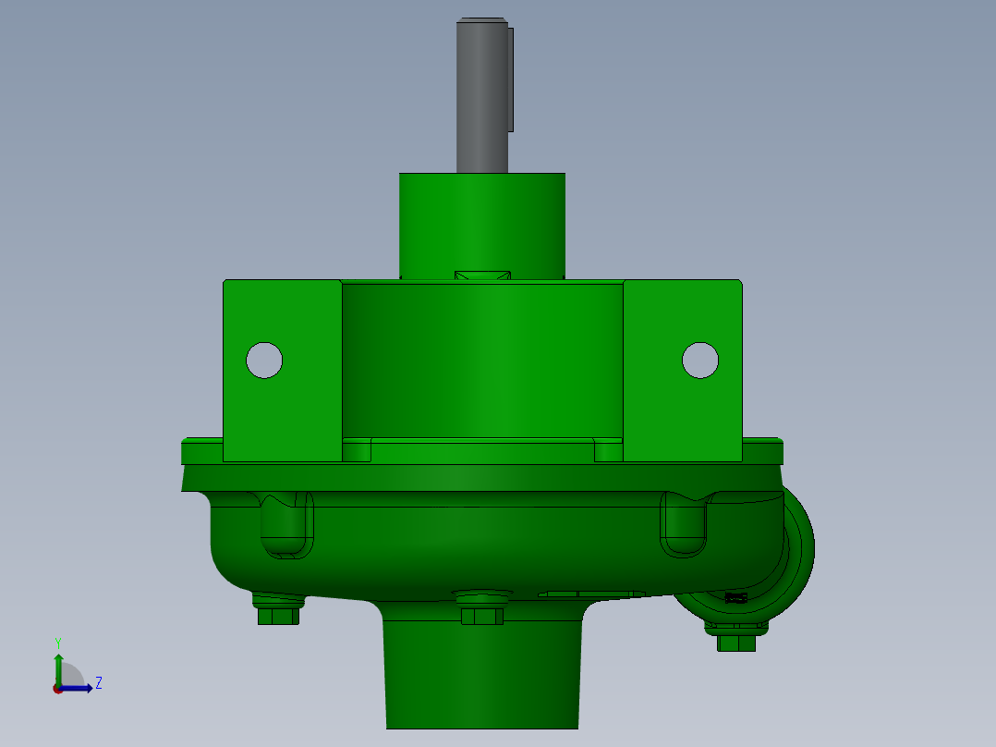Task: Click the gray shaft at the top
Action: click(481, 95)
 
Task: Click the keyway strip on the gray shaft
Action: click(511, 80)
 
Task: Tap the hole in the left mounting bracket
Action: click(264, 361)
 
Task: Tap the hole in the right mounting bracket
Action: click(700, 361)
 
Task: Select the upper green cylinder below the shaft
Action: click(482, 226)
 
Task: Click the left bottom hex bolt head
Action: click(279, 616)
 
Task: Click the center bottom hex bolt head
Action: click(482, 616)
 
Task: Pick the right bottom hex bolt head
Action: click(736, 643)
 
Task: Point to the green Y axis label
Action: click(58, 643)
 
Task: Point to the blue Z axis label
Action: click(99, 683)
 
